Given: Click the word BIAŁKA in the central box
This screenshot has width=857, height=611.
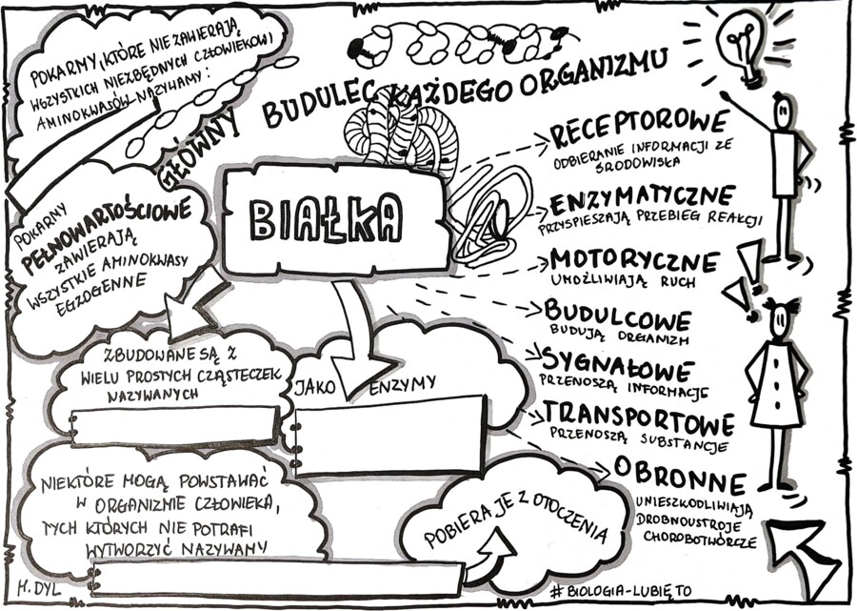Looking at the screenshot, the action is (x=325, y=220).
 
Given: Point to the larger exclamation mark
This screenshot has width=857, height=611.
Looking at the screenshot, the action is (x=751, y=262).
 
